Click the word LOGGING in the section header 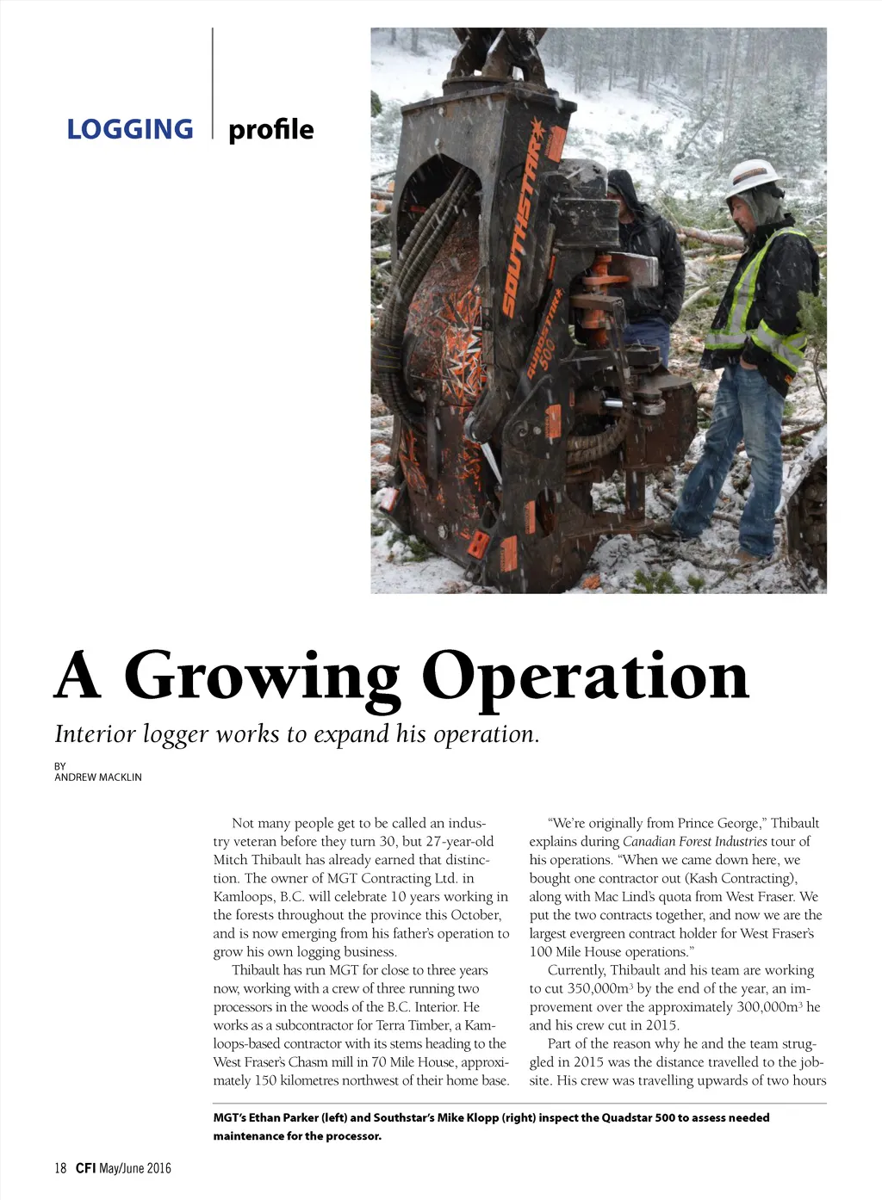(130, 129)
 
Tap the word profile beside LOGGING (270, 129)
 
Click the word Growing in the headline (262, 677)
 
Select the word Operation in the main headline (586, 677)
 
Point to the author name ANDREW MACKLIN (98, 776)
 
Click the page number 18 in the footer (60, 1168)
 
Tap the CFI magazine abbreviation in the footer (85, 1168)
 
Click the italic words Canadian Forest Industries (694, 841)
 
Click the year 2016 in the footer (158, 1168)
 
